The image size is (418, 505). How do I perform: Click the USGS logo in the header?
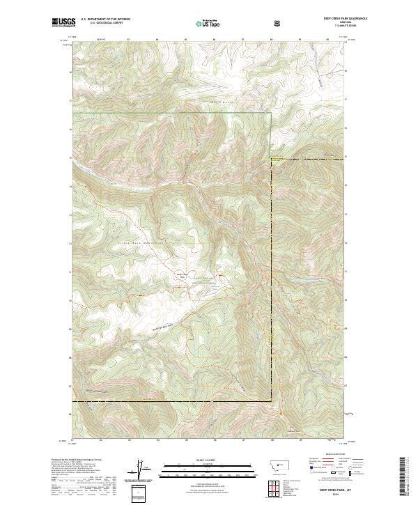tap(64, 22)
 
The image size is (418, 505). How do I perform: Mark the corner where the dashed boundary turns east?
tap(270, 160)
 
